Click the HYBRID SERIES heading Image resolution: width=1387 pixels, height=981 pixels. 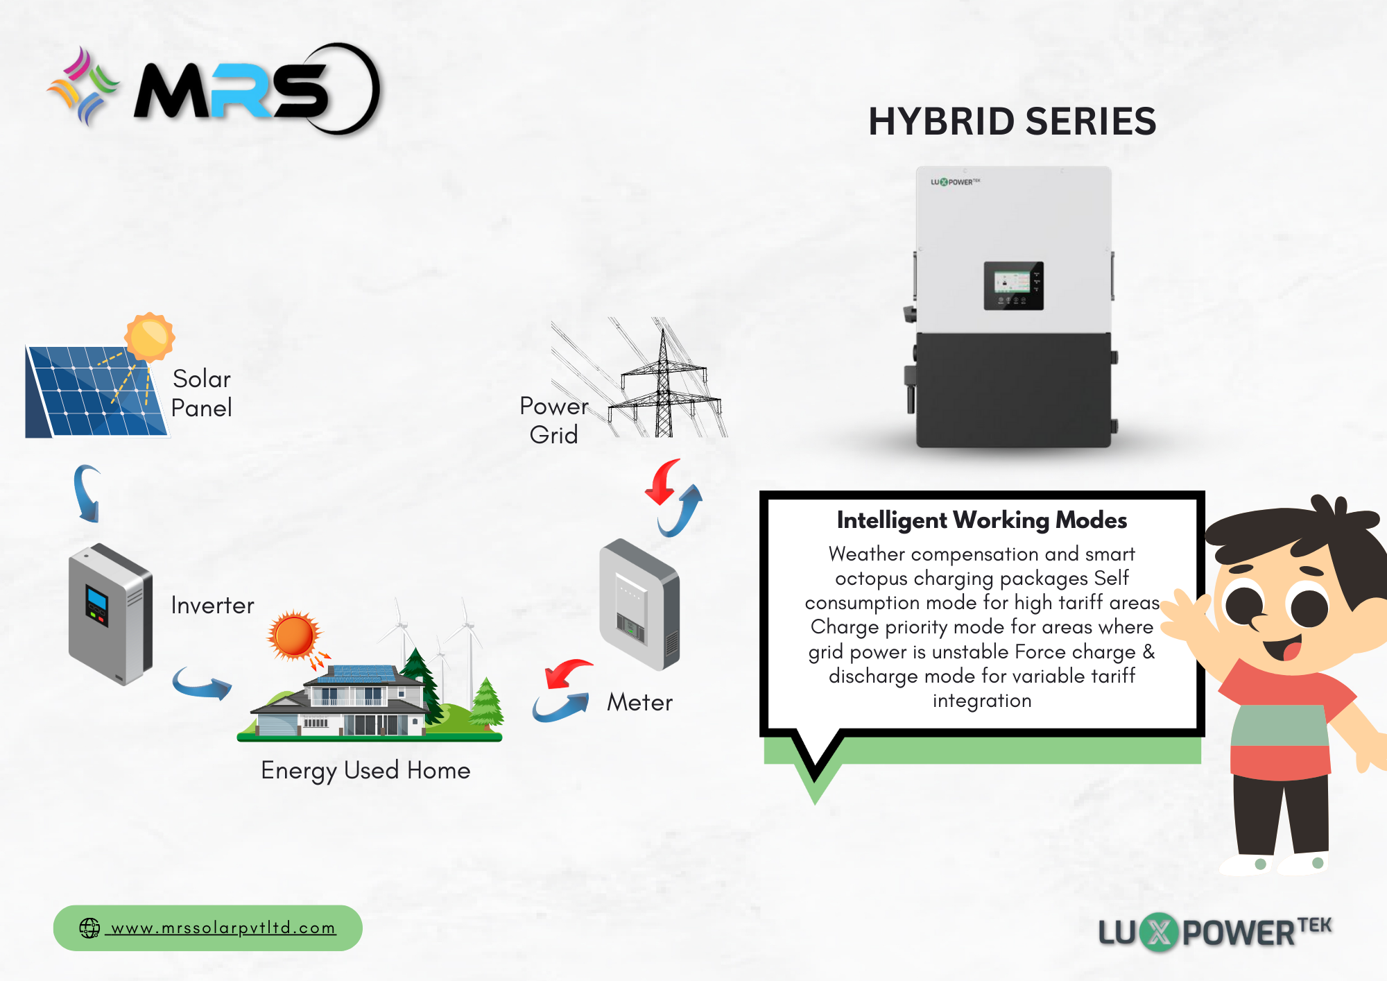(x=1013, y=121)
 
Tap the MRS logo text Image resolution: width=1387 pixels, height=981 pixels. (x=232, y=90)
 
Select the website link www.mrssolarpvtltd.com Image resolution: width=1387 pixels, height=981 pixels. (x=223, y=928)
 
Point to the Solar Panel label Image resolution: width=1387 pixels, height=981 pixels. (x=201, y=393)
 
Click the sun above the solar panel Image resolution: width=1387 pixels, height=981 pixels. (x=149, y=337)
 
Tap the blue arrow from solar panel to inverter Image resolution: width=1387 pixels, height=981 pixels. (x=88, y=493)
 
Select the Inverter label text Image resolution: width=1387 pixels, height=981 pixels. (x=212, y=605)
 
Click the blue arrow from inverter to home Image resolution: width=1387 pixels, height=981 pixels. (x=202, y=684)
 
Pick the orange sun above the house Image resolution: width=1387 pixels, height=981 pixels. (x=294, y=635)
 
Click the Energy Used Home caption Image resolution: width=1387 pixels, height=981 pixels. (x=365, y=770)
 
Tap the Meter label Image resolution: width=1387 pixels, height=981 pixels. (x=639, y=702)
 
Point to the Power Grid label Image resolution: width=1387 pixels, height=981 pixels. (x=554, y=420)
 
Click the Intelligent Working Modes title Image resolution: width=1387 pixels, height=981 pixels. (x=982, y=520)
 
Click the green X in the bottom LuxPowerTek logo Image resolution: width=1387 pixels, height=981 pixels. (x=1159, y=932)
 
